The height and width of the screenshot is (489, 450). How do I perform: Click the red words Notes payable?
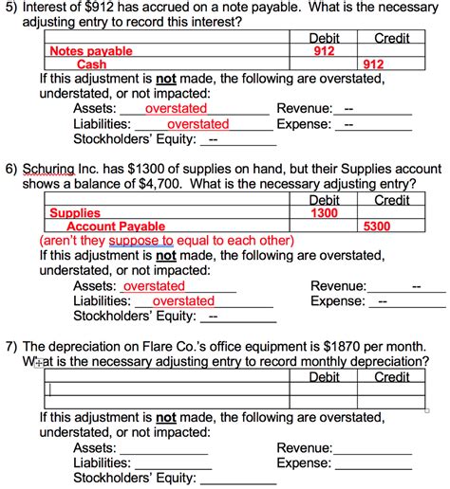pyautogui.click(x=91, y=51)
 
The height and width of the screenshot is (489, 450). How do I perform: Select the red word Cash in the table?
pyautogui.click(x=92, y=64)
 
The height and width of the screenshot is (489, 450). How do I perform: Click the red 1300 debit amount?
pyautogui.click(x=325, y=213)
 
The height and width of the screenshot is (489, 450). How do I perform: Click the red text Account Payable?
pyautogui.click(x=116, y=226)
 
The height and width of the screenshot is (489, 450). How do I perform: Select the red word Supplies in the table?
pyautogui.click(x=75, y=213)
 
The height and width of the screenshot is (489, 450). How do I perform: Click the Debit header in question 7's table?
pyautogui.click(x=325, y=376)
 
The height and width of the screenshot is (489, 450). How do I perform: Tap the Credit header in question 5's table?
pyautogui.click(x=392, y=38)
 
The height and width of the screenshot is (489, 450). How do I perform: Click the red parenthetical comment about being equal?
pyautogui.click(x=166, y=240)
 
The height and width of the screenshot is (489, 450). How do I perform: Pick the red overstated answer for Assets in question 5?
pyautogui.click(x=176, y=108)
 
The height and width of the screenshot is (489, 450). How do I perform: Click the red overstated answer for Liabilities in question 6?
pyautogui.click(x=183, y=300)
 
